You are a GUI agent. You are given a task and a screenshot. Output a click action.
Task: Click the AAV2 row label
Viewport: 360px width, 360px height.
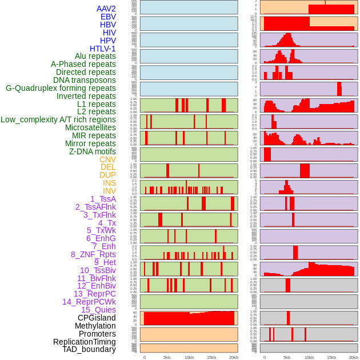click(x=106, y=9)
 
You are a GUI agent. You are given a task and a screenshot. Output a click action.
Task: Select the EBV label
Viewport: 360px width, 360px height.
click(x=108, y=17)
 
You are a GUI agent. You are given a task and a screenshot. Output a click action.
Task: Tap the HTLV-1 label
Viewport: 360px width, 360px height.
click(x=103, y=49)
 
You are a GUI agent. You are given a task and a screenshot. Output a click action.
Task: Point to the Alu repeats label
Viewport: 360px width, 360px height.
click(x=95, y=57)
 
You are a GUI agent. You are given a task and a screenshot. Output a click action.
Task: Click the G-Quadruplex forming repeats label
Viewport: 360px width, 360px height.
click(x=61, y=88)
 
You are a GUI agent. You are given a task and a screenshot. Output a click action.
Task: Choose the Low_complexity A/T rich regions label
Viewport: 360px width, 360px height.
click(x=58, y=119)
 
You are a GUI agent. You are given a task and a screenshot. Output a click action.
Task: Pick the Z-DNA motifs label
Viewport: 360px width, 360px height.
click(x=93, y=151)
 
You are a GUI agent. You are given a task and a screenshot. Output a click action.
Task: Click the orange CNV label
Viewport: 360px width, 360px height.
click(x=107, y=159)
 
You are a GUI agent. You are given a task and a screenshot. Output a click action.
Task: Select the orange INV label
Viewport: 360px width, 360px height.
click(x=109, y=191)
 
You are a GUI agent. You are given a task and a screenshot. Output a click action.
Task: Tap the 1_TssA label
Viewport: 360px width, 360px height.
click(x=103, y=199)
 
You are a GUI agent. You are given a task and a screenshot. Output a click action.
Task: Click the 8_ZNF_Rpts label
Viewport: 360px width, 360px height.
click(x=93, y=254)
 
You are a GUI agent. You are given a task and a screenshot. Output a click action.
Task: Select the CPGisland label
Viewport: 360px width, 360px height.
click(x=97, y=318)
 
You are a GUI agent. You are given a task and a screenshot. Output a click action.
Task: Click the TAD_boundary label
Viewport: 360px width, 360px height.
click(x=89, y=349)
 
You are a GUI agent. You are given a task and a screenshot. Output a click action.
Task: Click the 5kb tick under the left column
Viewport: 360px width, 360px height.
click(x=167, y=357)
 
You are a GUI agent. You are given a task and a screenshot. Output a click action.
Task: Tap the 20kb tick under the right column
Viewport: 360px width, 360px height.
click(x=354, y=357)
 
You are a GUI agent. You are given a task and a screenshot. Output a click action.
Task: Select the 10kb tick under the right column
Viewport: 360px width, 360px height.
click(x=309, y=357)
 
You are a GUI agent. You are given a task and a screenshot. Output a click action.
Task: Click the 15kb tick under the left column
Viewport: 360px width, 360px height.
click(x=211, y=357)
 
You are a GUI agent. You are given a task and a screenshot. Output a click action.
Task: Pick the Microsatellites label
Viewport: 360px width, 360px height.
click(x=90, y=127)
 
